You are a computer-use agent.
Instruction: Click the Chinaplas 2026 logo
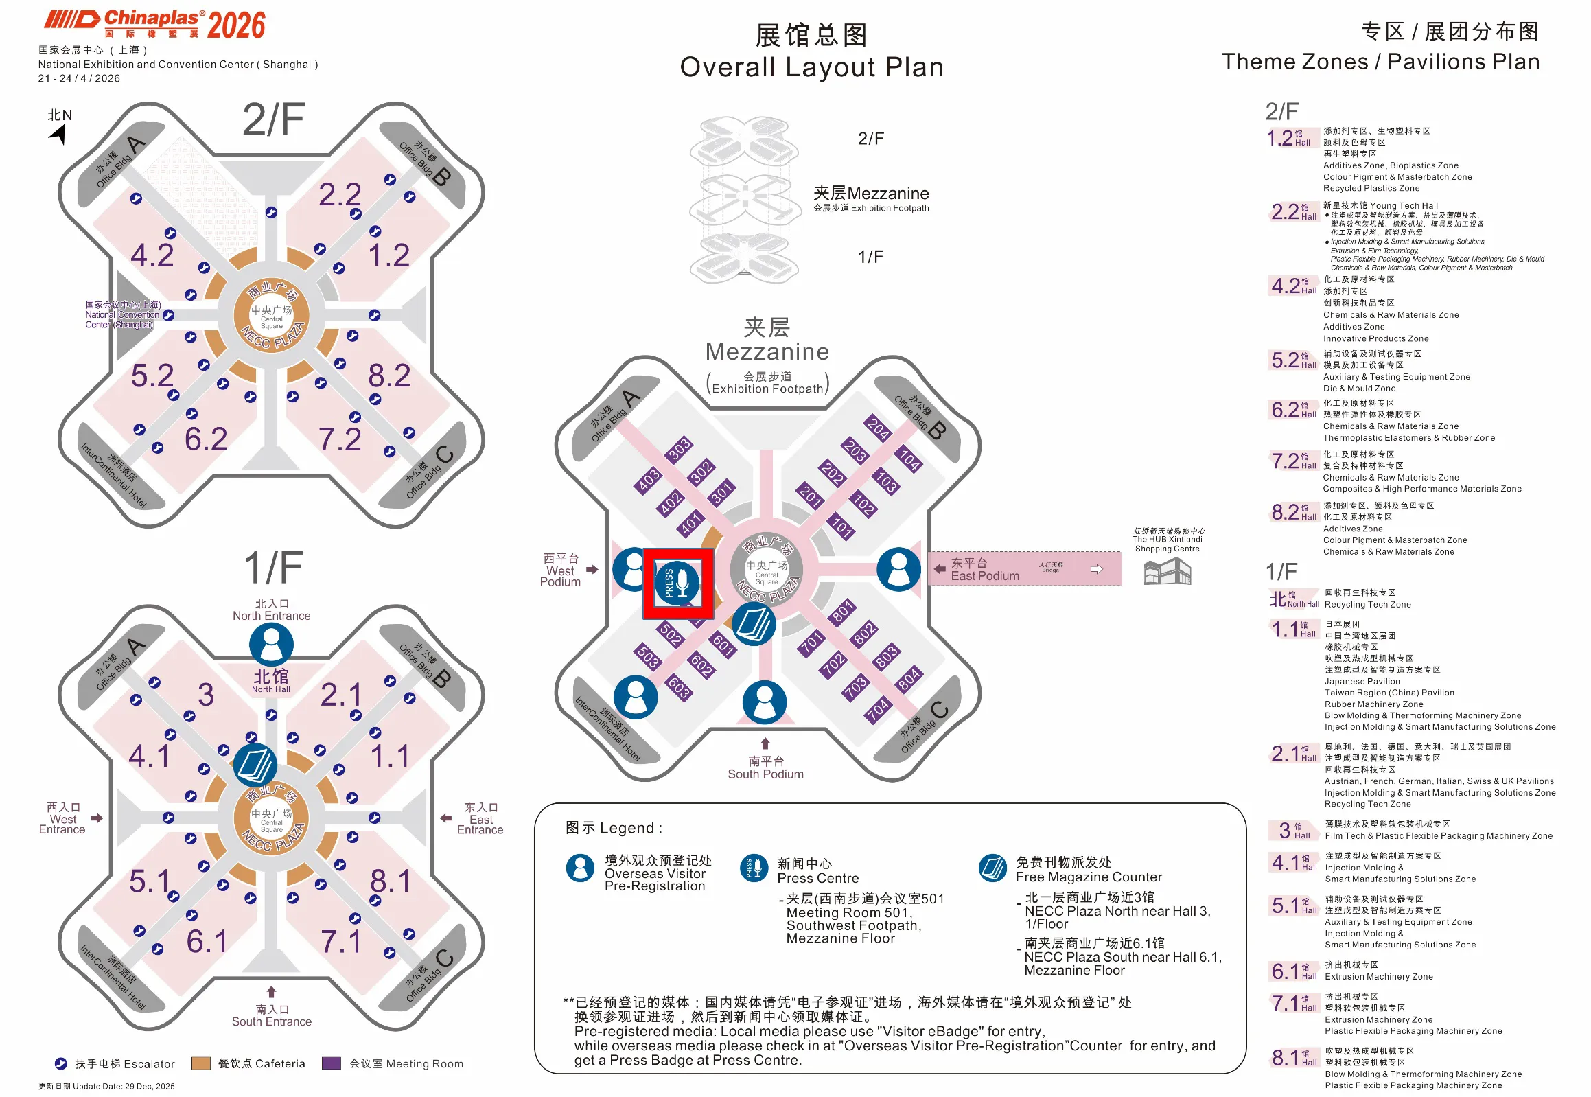[x=154, y=25]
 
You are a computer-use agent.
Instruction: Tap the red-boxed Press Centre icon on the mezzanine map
[x=677, y=583]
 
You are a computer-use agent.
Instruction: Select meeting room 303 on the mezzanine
[x=679, y=448]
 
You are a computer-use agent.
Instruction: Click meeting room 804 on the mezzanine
[x=908, y=678]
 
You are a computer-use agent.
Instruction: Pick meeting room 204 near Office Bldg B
[x=878, y=428]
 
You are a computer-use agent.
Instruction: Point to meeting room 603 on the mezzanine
[x=678, y=686]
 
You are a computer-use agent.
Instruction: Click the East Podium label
[x=984, y=570]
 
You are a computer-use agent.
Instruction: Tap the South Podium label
[x=765, y=767]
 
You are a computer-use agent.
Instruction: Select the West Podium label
[x=560, y=570]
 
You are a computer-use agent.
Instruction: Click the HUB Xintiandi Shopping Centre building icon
[x=1166, y=571]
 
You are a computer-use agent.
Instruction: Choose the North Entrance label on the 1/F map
[x=272, y=610]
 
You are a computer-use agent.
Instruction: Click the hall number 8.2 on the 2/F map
[x=389, y=376]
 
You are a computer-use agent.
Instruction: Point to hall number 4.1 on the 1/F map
[x=148, y=757]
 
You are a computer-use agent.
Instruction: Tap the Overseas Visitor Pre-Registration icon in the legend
[x=580, y=868]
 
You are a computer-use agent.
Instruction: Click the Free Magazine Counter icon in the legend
[x=992, y=868]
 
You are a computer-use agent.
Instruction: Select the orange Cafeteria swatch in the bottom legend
[x=200, y=1063]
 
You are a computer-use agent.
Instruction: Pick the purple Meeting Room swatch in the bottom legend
[x=332, y=1063]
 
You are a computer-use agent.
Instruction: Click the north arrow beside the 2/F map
[x=60, y=132]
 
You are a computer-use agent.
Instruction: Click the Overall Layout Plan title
[x=811, y=67]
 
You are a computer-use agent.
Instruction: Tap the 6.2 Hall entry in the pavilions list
[x=1284, y=411]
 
